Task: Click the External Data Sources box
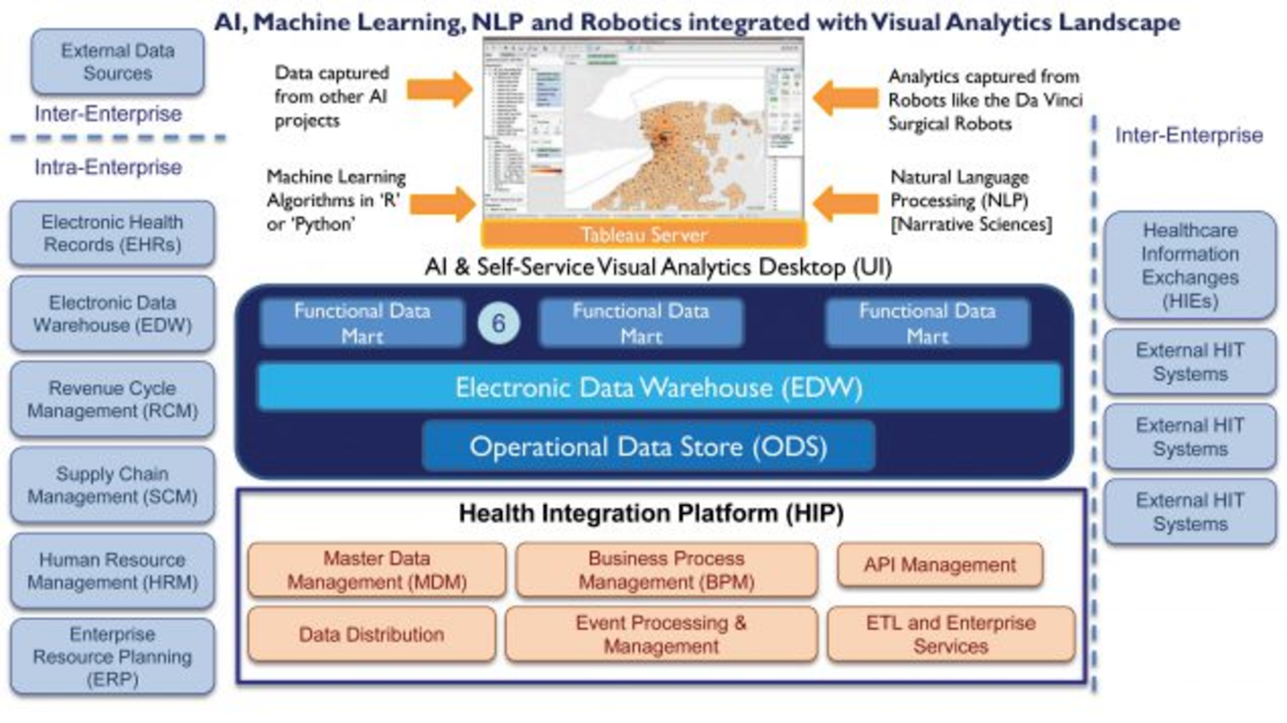pyautogui.click(x=117, y=62)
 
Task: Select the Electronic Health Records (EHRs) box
pyautogui.click(x=113, y=233)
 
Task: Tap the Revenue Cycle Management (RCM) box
pyautogui.click(x=113, y=399)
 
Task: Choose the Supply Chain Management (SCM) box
pyautogui.click(x=113, y=485)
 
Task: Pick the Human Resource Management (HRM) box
pyautogui.click(x=113, y=571)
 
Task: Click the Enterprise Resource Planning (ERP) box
pyautogui.click(x=113, y=657)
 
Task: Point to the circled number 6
pyautogui.click(x=499, y=324)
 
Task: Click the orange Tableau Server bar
pyautogui.click(x=643, y=235)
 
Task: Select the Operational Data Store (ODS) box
pyautogui.click(x=648, y=445)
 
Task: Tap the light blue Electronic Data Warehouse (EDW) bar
pyautogui.click(x=659, y=387)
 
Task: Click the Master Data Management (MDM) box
pyautogui.click(x=376, y=570)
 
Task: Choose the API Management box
pyautogui.click(x=939, y=565)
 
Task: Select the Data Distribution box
pyautogui.click(x=371, y=635)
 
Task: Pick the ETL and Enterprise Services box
pyautogui.click(x=950, y=635)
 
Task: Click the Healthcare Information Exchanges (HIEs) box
pyautogui.click(x=1190, y=265)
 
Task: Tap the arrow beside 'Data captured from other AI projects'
pyautogui.click(x=440, y=88)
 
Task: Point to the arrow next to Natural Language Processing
pyautogui.click(x=845, y=203)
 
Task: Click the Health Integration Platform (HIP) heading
pyautogui.click(x=651, y=514)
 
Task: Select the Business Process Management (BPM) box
pyautogui.click(x=666, y=570)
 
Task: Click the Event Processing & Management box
pyautogui.click(x=660, y=635)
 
